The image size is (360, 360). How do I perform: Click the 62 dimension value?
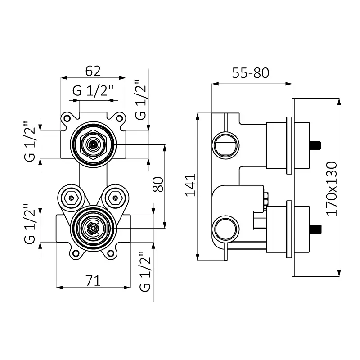click(x=93, y=71)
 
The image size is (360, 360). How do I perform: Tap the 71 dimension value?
click(x=93, y=280)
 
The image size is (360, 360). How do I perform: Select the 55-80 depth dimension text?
click(x=251, y=73)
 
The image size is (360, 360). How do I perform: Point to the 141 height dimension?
click(x=191, y=185)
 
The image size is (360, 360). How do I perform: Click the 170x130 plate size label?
click(x=332, y=189)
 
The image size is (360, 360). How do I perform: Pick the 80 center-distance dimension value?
click(x=158, y=184)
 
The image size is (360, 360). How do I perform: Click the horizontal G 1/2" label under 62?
click(x=93, y=90)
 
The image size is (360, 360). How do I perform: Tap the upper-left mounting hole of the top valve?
click(x=67, y=118)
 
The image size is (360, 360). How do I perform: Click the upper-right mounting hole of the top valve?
click(x=119, y=118)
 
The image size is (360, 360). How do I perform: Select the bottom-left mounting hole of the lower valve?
click(x=76, y=253)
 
